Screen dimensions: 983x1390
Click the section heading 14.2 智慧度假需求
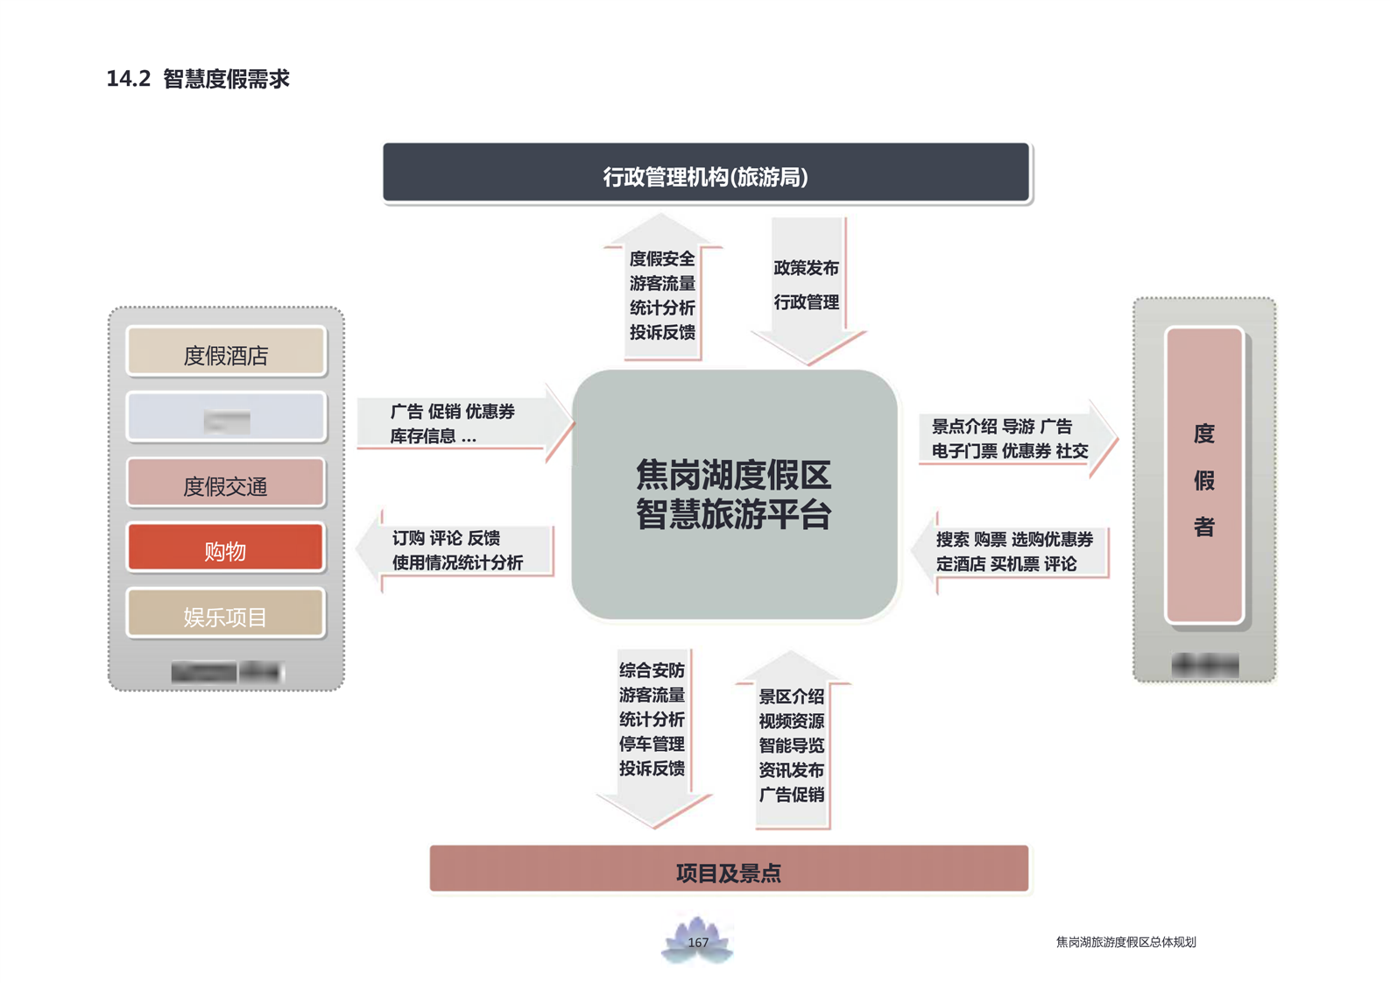[198, 79]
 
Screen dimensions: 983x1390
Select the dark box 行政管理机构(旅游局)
[706, 173]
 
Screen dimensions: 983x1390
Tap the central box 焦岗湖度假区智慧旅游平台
[734, 494]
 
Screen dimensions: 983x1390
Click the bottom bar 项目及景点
[729, 869]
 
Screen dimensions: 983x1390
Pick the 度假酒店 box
[226, 352]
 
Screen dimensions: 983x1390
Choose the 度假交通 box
[226, 484]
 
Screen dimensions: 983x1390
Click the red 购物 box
[226, 548]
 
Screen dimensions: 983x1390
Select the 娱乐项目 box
[226, 614]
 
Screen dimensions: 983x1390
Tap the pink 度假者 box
[1204, 477]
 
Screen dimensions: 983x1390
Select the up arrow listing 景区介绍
[792, 745]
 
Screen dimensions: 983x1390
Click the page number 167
[698, 943]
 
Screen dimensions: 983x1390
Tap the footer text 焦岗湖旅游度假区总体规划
[1125, 942]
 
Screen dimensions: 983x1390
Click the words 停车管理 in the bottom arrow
[652, 744]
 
